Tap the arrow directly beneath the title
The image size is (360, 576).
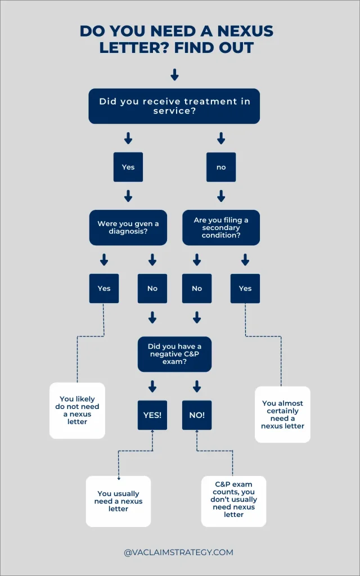(x=174, y=74)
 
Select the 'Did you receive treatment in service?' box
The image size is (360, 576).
(x=174, y=106)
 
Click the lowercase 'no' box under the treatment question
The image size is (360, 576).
(x=221, y=167)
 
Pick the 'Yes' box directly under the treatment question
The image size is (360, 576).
(x=128, y=167)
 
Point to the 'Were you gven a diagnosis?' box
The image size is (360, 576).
(x=128, y=227)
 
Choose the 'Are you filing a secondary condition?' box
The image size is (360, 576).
(x=221, y=227)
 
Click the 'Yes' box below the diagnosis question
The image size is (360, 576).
(x=104, y=288)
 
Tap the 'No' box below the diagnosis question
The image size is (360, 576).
(x=152, y=288)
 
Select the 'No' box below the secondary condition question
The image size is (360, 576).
(x=197, y=288)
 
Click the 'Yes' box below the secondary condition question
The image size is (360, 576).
(x=245, y=288)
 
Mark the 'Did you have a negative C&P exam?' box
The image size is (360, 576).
(x=174, y=354)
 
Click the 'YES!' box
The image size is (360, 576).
(x=152, y=415)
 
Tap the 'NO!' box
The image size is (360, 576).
(x=197, y=415)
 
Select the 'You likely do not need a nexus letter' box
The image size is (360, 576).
(x=78, y=411)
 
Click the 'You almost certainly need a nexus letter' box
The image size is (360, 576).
(x=282, y=415)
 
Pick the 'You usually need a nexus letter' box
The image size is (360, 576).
(x=118, y=501)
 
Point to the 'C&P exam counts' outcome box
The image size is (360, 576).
(x=233, y=501)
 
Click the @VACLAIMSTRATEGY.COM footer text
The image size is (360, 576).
(x=178, y=552)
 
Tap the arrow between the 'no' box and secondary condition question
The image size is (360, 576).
(x=221, y=196)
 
